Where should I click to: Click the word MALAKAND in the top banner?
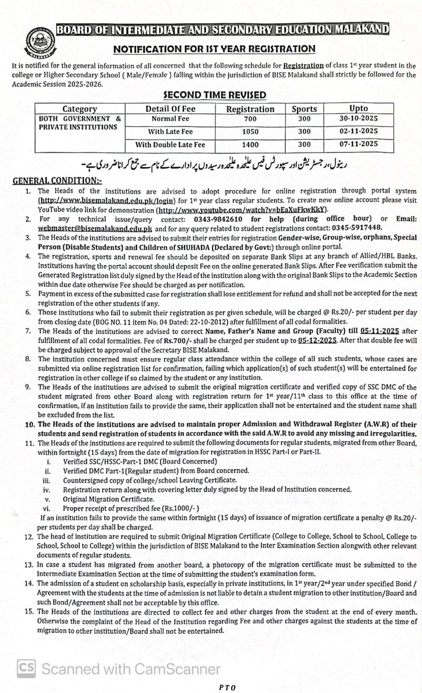click(x=362, y=29)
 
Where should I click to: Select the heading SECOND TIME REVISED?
click(x=215, y=95)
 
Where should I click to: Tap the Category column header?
click(x=80, y=109)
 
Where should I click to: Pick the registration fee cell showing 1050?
click(x=250, y=132)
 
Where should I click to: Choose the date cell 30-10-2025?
click(x=358, y=119)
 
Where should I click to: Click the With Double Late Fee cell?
click(x=170, y=145)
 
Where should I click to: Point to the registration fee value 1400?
click(x=250, y=145)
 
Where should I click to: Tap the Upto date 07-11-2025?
click(x=358, y=144)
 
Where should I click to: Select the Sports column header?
click(x=304, y=109)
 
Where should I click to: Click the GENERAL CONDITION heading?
click(x=57, y=181)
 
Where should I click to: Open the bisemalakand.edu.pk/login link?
click(x=107, y=201)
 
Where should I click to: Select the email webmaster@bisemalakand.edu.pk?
click(x=95, y=229)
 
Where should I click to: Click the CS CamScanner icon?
click(x=26, y=668)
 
